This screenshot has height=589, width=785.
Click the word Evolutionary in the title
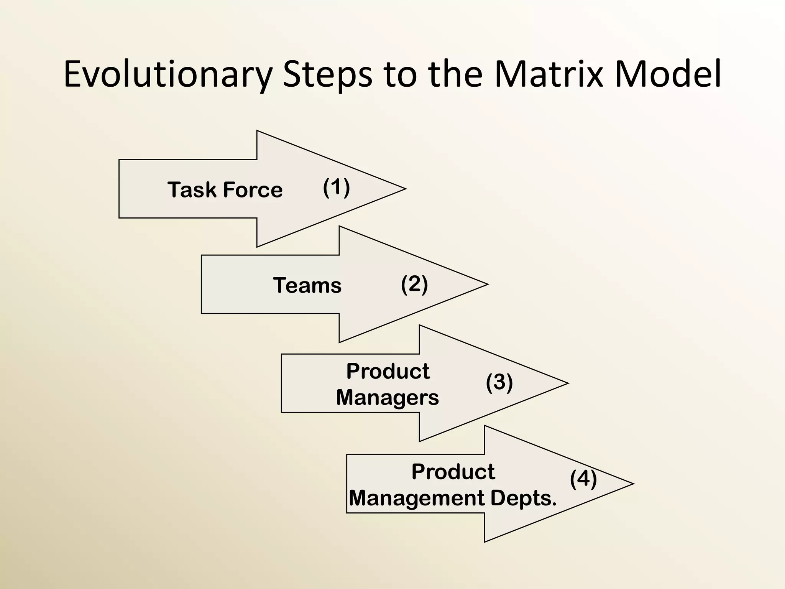(168, 74)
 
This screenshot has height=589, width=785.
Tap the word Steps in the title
(327, 74)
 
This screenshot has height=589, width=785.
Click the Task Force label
(225, 190)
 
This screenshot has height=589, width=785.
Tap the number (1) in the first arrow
(336, 188)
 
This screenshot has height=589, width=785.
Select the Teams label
(307, 285)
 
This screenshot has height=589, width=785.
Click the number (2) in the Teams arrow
(414, 284)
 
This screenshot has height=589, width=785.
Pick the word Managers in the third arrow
(387, 398)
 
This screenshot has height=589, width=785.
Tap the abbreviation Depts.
(523, 498)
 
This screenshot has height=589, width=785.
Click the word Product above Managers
(388, 371)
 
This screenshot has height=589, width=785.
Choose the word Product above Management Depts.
(453, 472)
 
